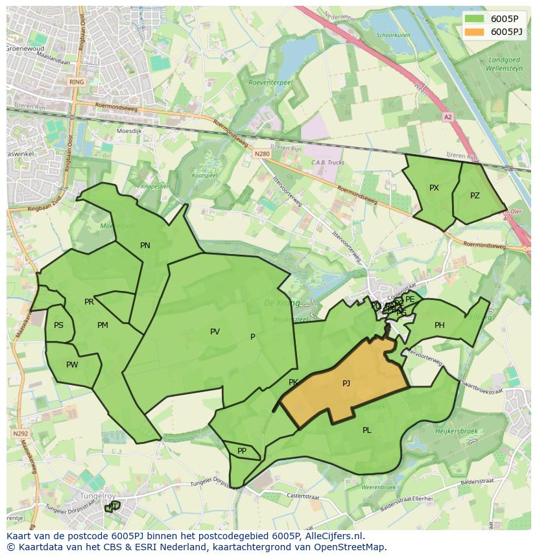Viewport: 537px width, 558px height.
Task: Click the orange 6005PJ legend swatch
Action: pos(475,32)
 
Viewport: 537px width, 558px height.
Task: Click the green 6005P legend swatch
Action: pos(475,19)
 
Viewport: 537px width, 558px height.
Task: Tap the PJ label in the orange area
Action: pos(346,384)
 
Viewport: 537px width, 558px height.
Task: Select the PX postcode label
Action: pos(434,188)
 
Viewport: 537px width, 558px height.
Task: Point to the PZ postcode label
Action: pos(475,196)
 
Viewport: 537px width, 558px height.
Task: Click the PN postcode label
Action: pos(145,246)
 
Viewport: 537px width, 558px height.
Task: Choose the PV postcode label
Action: pos(215,332)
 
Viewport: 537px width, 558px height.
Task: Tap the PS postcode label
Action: pos(59,325)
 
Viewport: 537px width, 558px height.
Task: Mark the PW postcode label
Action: pos(72,365)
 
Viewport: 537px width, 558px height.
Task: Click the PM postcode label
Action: pos(102,325)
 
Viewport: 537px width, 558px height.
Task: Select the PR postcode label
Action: pos(89,302)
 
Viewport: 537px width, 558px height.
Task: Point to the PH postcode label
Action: pos(440,325)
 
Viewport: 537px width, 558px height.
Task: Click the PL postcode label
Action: pos(367,430)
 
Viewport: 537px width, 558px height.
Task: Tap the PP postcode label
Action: pos(242,451)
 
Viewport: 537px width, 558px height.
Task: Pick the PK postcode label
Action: pos(293,383)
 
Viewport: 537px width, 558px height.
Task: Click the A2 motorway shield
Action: pos(447,117)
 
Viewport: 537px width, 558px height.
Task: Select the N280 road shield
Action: pos(261,154)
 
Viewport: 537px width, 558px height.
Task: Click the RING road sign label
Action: pos(77,82)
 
